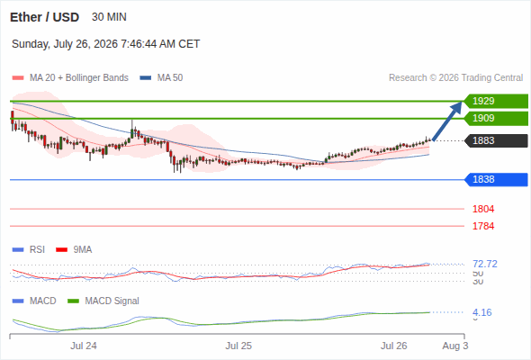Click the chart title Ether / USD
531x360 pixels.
coord(44,17)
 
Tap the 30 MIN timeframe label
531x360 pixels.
coord(109,17)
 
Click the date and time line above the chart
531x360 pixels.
coord(105,44)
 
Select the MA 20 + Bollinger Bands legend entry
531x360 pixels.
coord(70,78)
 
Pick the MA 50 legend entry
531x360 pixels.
coord(161,78)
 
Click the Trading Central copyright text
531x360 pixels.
coord(455,78)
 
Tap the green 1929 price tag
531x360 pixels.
coord(496,101)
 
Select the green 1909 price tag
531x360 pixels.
coord(496,118)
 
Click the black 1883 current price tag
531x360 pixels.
coord(496,140)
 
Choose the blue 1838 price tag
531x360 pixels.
coord(496,179)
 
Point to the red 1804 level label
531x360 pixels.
coord(483,209)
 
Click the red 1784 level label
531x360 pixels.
coord(483,226)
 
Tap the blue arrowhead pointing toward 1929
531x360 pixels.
coord(457,107)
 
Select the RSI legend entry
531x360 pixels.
coord(29,249)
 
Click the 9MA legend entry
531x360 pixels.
coord(74,249)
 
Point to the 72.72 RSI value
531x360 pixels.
coord(485,264)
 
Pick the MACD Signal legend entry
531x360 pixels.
coord(103,301)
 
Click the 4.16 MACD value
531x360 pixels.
coord(481,312)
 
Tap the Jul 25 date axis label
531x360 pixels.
coord(238,346)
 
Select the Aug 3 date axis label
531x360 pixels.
coord(455,346)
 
